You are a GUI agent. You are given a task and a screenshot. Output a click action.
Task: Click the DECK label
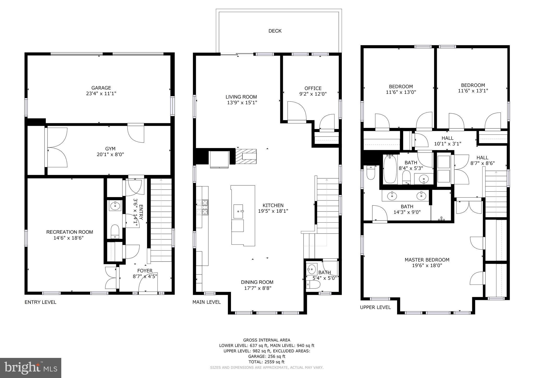(275, 31)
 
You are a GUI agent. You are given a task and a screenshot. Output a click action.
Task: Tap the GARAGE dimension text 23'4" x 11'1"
(101, 93)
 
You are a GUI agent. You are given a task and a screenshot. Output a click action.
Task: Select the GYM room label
(110, 149)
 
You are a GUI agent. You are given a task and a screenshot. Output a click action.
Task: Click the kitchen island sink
(239, 211)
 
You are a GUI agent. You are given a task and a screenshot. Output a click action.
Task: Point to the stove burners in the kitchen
(202, 207)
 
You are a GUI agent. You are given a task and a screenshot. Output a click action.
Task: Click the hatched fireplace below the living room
(246, 156)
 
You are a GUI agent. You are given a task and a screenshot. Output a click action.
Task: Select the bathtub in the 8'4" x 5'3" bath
(390, 169)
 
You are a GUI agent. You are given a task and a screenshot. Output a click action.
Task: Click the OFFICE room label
(313, 88)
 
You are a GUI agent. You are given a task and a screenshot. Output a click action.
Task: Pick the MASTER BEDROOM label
(427, 260)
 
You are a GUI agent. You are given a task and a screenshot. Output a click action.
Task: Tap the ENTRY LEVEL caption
(40, 302)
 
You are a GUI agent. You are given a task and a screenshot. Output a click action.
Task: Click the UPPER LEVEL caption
(375, 307)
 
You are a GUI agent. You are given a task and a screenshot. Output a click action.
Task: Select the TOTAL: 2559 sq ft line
(266, 362)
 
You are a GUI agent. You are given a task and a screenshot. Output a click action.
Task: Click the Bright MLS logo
(31, 368)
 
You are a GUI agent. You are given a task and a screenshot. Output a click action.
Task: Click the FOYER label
(145, 271)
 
